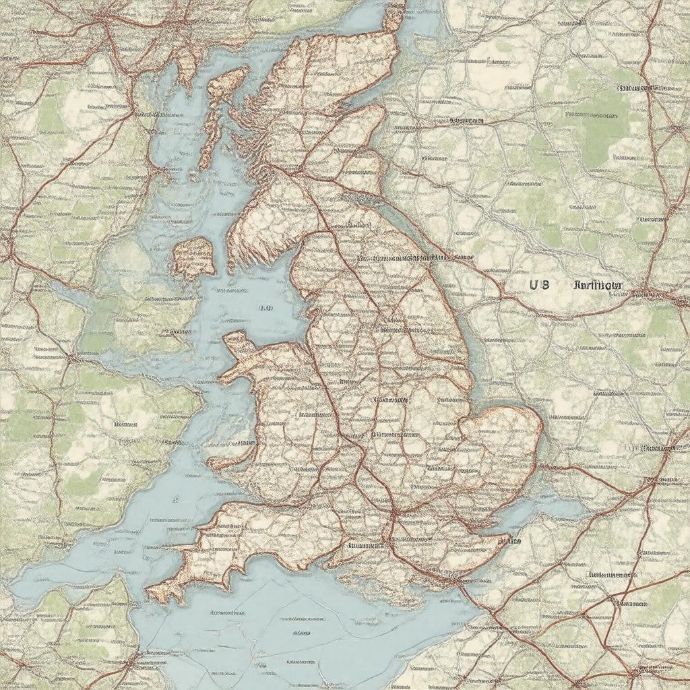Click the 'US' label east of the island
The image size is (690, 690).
[x=539, y=284]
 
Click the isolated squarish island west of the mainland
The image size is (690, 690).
[x=193, y=257]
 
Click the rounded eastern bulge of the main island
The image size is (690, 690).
[x=505, y=438]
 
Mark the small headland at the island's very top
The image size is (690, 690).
[x=394, y=17]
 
